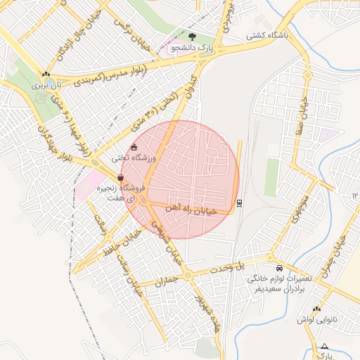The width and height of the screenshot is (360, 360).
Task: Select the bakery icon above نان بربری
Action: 46,74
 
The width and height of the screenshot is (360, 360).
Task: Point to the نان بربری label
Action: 50,84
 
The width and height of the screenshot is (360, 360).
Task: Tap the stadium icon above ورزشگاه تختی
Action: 134,147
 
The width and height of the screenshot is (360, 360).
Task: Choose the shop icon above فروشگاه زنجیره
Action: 121,178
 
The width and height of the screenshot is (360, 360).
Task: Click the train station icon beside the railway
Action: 240,202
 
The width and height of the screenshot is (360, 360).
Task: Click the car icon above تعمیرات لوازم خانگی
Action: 280,269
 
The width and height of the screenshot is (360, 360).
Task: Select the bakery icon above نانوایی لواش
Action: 316,309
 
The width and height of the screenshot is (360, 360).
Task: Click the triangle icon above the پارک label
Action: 324,346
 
